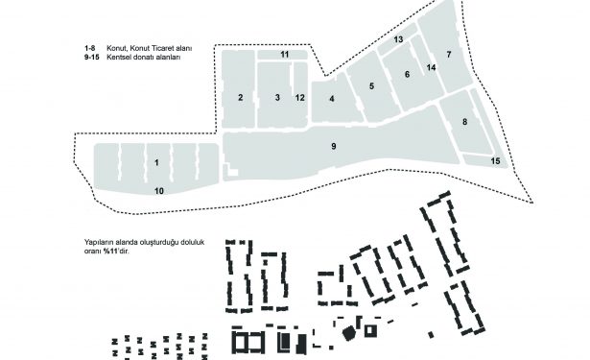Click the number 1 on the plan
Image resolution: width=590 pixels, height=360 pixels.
coord(156,162)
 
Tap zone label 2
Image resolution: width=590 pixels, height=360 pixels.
coord(241,98)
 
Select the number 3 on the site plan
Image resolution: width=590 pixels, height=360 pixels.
coord(277,98)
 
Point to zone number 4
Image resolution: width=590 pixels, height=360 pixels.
coord(332,99)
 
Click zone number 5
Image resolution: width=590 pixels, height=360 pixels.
coord(372,86)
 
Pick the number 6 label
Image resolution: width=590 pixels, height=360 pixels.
coord(407,74)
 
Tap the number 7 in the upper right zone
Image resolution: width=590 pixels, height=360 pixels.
coord(449,55)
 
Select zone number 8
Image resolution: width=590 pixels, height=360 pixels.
coord(464,122)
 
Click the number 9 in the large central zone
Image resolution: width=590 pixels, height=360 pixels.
coord(334,146)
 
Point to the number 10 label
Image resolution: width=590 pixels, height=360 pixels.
coord(159,191)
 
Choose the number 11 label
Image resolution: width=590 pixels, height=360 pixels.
coord(285,55)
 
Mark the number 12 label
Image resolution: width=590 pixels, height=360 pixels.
coord(300,98)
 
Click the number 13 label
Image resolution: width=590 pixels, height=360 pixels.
coord(398,39)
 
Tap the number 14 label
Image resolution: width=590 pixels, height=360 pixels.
coord(431,67)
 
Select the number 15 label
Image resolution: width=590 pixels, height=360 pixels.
coord(496,161)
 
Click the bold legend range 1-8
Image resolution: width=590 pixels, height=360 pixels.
coord(90,48)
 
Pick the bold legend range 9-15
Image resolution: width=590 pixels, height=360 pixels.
coord(92,58)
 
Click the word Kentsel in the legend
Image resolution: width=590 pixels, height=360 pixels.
coord(117,58)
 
